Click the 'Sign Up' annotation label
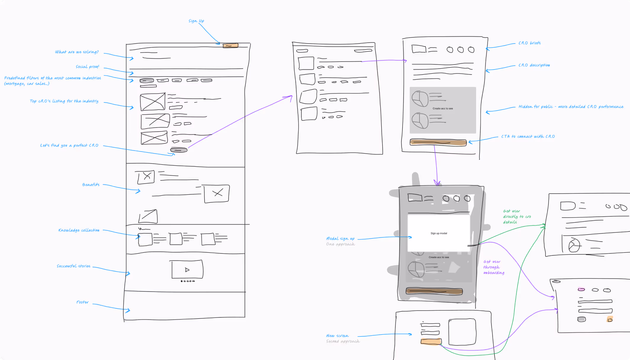[x=196, y=21]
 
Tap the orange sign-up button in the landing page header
[x=230, y=46]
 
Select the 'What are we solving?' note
[x=77, y=52]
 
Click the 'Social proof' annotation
[x=87, y=67]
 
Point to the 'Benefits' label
[x=91, y=185]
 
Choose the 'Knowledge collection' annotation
[x=79, y=230]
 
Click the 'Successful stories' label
[x=73, y=266]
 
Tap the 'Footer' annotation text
[x=82, y=302]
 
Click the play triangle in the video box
[x=187, y=270]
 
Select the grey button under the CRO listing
[x=179, y=150]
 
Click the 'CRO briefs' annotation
[x=529, y=43]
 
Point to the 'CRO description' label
[x=534, y=65]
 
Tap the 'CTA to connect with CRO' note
[x=528, y=136]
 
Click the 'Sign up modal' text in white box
[x=439, y=233]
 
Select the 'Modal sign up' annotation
[x=340, y=239]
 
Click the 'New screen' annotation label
[x=337, y=336]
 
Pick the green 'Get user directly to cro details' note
[x=517, y=216]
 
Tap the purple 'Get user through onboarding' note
[x=494, y=267]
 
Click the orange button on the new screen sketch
[x=431, y=342]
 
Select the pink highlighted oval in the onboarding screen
[x=581, y=289]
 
